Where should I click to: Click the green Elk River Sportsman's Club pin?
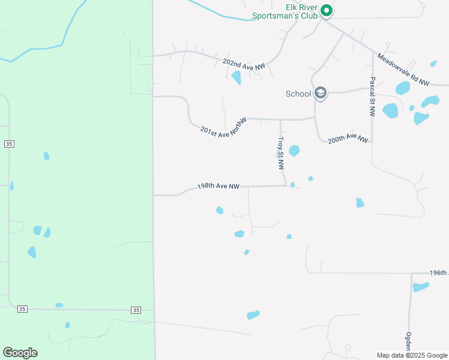click(x=326, y=10)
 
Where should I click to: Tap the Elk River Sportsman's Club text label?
click(x=293, y=12)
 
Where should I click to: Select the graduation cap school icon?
click(x=321, y=93)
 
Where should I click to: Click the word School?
click(x=298, y=94)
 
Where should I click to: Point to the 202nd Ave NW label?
click(x=243, y=65)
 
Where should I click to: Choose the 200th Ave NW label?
click(x=348, y=138)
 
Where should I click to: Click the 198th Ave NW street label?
click(x=218, y=187)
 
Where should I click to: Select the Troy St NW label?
click(x=280, y=153)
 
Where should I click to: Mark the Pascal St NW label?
click(x=372, y=96)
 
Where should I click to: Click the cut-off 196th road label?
click(x=438, y=272)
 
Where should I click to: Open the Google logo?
click(x=20, y=353)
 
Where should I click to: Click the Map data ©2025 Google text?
click(x=411, y=355)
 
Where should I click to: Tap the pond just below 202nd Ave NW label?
click(x=237, y=77)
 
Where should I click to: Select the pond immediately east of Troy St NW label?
click(x=294, y=151)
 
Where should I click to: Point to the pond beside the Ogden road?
click(x=421, y=287)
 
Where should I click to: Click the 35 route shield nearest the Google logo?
click(x=22, y=308)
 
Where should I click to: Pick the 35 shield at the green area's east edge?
click(x=136, y=310)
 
